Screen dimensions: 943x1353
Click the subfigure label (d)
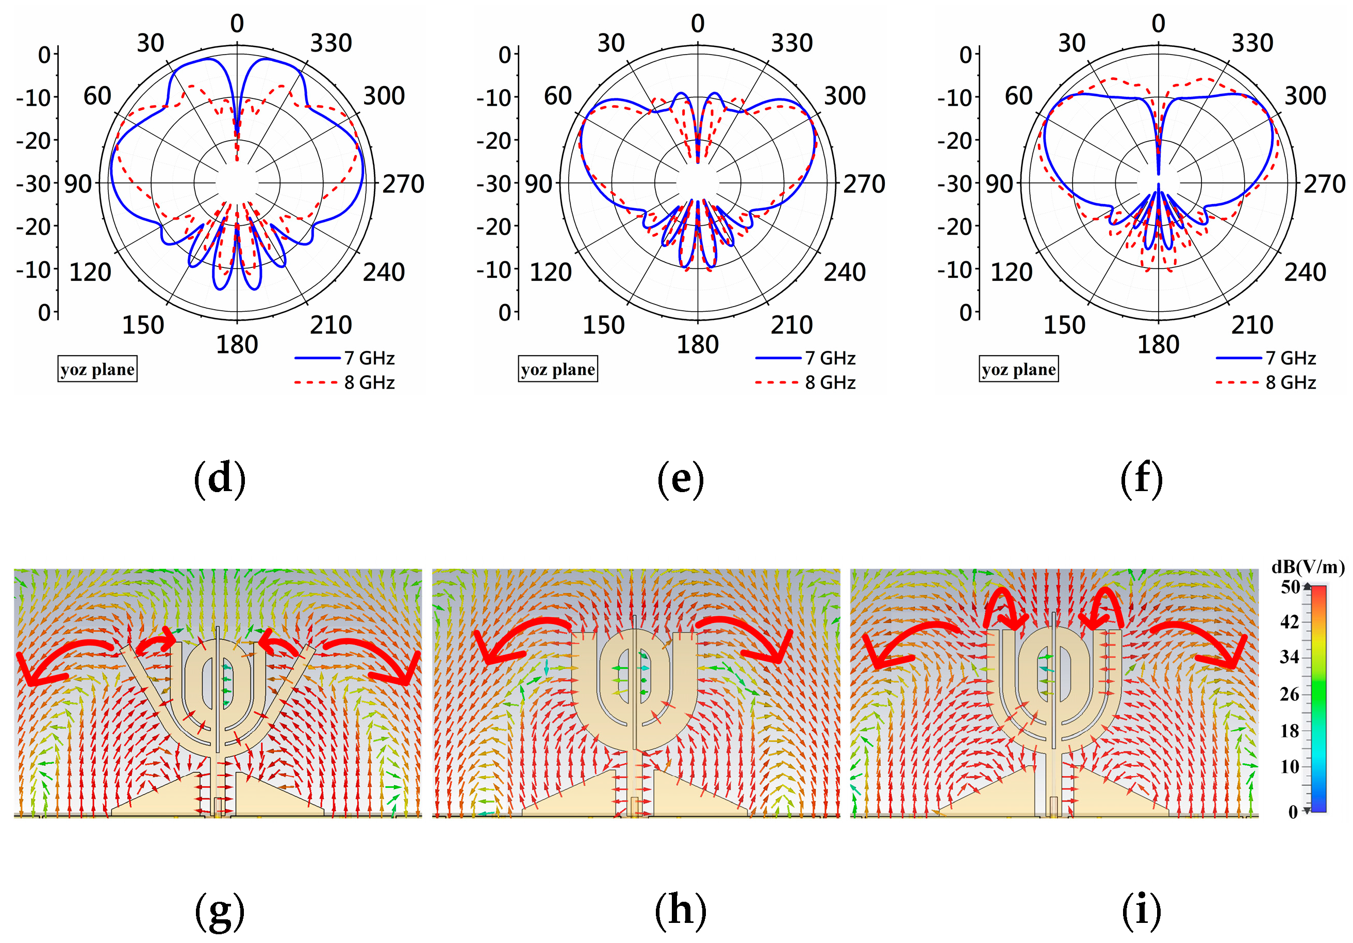(x=219, y=478)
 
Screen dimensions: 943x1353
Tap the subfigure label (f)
(x=1141, y=478)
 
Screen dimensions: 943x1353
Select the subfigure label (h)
(x=680, y=910)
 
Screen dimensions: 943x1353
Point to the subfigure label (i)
(x=1141, y=910)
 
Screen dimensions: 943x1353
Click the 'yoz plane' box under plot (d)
(x=97, y=369)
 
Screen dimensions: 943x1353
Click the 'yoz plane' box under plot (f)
(x=1018, y=369)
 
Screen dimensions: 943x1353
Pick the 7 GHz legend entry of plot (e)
(x=805, y=358)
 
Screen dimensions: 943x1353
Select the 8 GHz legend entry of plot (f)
(x=1266, y=383)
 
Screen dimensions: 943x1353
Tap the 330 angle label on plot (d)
(x=331, y=43)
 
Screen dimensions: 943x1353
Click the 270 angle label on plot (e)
(x=864, y=184)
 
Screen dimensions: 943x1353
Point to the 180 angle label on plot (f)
(x=1158, y=345)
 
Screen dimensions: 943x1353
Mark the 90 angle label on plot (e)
(x=539, y=184)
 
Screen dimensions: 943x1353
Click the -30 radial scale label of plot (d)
(x=34, y=184)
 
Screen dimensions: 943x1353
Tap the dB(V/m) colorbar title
(x=1308, y=567)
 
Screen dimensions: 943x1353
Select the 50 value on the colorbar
(x=1290, y=587)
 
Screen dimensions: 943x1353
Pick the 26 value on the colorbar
(x=1290, y=695)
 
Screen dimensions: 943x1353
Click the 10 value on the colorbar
(x=1290, y=767)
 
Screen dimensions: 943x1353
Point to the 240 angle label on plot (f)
(x=1305, y=272)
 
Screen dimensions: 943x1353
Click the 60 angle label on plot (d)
(x=97, y=96)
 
